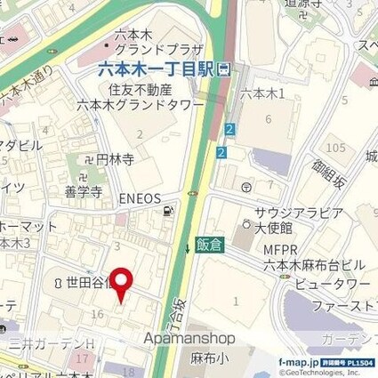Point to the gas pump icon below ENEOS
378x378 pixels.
[x=167, y=211]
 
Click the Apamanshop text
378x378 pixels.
[x=189, y=338]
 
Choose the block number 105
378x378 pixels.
[x=335, y=146]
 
